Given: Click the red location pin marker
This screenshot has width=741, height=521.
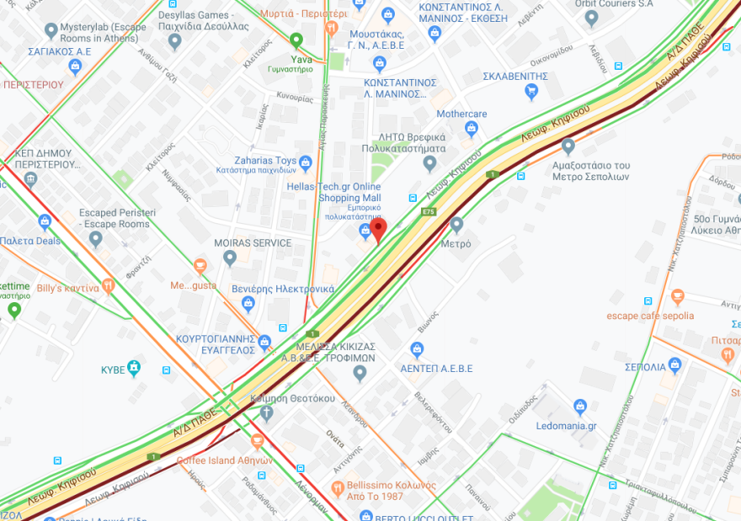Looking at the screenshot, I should coord(378,229).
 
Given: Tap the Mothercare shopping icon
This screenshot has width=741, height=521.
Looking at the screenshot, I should coord(471,129).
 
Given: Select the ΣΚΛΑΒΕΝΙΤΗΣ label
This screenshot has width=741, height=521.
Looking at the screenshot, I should coord(515,76).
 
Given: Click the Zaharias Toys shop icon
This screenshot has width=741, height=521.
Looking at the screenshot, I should coord(305,161).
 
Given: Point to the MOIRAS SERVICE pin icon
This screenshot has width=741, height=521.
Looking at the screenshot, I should coord(230,258).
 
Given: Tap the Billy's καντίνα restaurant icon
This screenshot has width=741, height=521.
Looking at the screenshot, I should coord(108,287).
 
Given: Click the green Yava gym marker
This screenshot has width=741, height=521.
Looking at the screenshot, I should coord(296,40).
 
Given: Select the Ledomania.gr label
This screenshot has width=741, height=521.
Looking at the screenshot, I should coord(566,426).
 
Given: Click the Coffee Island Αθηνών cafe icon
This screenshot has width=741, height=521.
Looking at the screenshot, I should coord(257,441).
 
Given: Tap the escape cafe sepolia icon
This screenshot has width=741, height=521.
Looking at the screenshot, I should coord(678,297).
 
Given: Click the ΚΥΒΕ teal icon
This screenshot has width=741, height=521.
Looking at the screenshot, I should coord(134,369).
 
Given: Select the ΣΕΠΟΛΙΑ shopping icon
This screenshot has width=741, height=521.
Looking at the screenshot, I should coord(674,365).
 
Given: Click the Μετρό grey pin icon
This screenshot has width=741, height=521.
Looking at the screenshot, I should coord(456,225).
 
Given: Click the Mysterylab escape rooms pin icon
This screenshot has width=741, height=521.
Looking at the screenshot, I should coord(51,32).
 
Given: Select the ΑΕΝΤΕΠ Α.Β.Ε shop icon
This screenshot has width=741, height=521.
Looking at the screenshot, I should coord(416,349).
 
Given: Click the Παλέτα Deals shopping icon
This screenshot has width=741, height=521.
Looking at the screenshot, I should coord(45,222).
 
